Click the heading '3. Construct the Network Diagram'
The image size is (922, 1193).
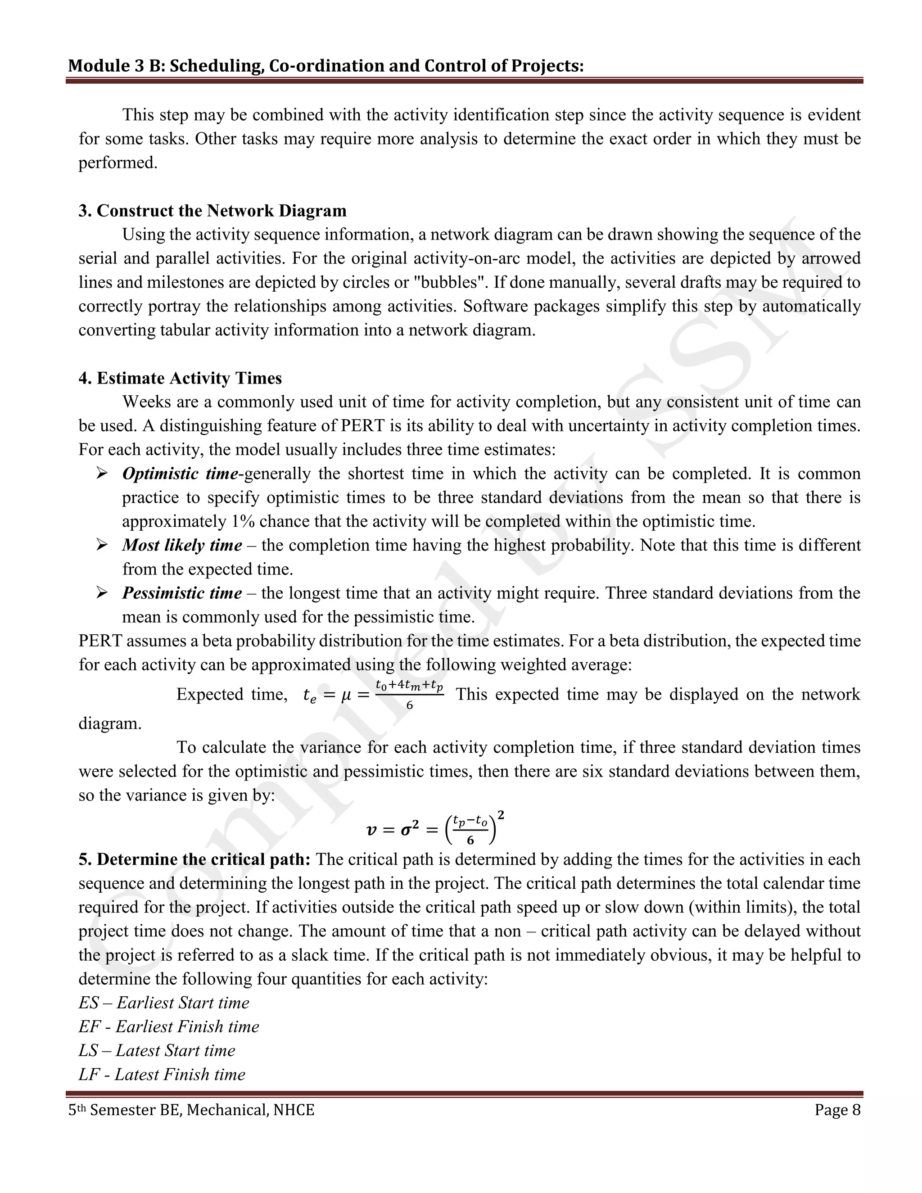[212, 211]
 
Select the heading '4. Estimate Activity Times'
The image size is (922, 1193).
[180, 378]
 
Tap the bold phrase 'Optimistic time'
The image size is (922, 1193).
[180, 474]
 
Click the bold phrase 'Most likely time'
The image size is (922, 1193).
[182, 545]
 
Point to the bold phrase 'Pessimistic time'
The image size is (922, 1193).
[182, 593]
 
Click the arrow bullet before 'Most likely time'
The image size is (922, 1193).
[102, 545]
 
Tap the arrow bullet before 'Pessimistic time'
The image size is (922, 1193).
[102, 593]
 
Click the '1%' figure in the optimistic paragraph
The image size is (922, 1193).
[243, 522]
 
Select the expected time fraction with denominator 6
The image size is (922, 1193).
[409, 695]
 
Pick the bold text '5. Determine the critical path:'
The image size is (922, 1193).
[194, 860]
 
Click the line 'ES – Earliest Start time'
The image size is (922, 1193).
[164, 1003]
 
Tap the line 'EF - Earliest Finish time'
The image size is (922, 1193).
[169, 1027]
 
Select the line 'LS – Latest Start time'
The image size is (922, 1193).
[157, 1050]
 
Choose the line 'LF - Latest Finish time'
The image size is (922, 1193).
[162, 1075]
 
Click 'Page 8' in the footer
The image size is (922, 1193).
[837, 1111]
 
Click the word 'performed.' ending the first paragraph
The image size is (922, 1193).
[118, 163]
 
